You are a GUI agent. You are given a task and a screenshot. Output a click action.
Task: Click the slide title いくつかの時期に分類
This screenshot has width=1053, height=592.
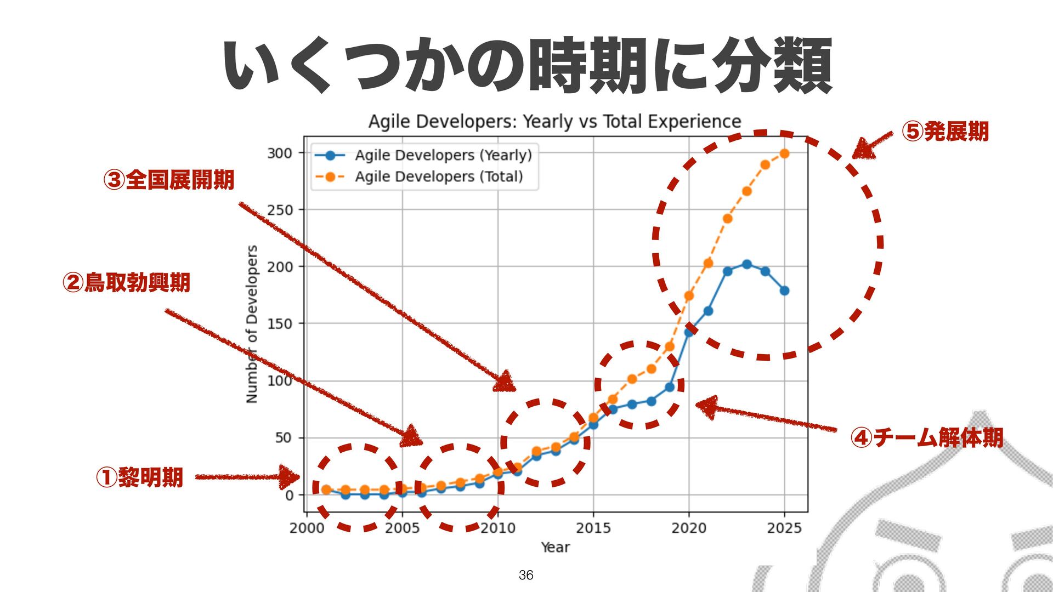(528, 66)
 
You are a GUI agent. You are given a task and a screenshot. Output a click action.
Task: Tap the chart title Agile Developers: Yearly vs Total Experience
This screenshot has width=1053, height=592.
(554, 121)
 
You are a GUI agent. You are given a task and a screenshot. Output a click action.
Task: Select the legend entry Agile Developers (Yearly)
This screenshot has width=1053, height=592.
(443, 155)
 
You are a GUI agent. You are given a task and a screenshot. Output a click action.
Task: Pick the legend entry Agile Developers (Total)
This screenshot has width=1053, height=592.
(439, 177)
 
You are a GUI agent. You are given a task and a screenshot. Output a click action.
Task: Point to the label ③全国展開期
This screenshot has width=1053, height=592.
(169, 180)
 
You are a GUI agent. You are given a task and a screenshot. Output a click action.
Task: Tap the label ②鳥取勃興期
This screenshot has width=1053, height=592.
(127, 283)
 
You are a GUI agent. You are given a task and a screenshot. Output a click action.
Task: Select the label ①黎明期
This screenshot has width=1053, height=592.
(139, 477)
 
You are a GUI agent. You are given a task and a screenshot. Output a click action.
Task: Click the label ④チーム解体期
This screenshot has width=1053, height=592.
(927, 437)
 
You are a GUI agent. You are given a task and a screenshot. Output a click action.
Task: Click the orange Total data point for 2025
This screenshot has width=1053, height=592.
(784, 153)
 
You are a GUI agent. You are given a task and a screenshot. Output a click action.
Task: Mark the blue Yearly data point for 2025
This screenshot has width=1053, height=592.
(784, 291)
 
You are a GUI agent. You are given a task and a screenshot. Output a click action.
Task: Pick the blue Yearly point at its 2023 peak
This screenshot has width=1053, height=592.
(746, 264)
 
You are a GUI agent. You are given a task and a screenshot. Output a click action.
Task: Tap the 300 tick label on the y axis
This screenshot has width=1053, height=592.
(280, 153)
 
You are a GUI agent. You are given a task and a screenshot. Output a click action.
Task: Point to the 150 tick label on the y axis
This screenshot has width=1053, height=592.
(280, 324)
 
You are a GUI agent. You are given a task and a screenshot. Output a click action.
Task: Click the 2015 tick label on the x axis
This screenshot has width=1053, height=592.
(593, 528)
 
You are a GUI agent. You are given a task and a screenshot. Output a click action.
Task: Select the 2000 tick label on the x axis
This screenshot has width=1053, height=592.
(307, 528)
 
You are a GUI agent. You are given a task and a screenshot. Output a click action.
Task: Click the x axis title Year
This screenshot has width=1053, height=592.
(555, 547)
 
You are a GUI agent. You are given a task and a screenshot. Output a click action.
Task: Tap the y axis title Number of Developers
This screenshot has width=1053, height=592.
(252, 324)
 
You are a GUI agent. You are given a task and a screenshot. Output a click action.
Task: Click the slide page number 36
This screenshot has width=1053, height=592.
(526, 575)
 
